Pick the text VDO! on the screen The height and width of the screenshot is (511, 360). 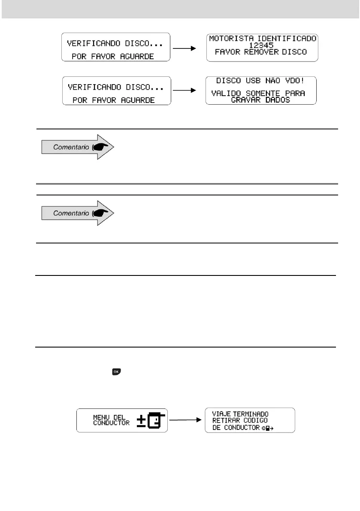(x=295, y=80)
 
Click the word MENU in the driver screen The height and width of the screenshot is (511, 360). (x=102, y=416)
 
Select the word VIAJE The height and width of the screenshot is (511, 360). (x=221, y=414)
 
